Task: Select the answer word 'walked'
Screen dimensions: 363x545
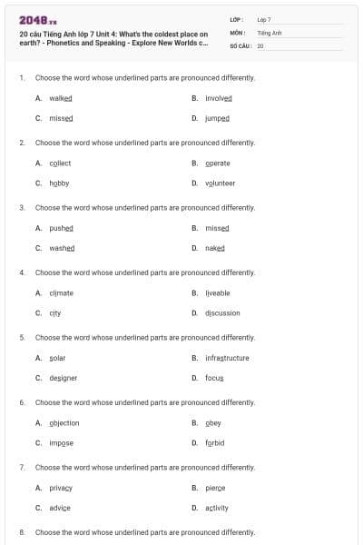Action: [x=60, y=98]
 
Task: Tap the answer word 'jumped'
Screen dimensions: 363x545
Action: [x=218, y=118]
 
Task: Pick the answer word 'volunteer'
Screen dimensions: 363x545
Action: [x=221, y=183]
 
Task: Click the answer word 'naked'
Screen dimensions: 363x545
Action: [x=215, y=247]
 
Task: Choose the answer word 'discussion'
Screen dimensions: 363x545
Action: [x=223, y=312]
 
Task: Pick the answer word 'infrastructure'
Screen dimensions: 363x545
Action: [x=227, y=358]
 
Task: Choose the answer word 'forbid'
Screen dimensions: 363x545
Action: [x=215, y=442]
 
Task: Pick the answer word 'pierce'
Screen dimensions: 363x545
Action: [x=215, y=488]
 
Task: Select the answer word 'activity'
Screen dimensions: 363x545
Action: [x=217, y=507]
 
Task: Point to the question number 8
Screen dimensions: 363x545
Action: [x=21, y=532]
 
